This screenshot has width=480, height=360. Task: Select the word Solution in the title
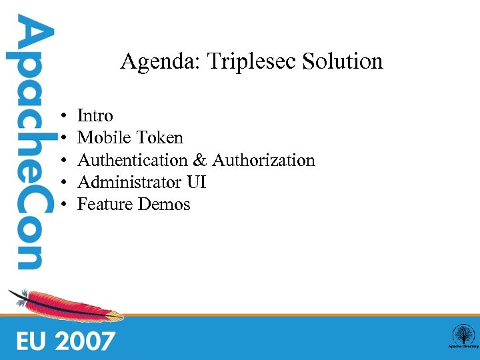pos(343,62)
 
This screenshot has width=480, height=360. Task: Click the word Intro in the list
pos(95,116)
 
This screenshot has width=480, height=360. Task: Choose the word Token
pos(159,138)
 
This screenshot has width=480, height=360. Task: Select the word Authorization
pos(263,160)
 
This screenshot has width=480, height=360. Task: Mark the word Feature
pos(105,204)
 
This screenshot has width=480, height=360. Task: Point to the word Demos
pos(164,204)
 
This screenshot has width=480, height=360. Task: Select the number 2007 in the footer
pos(85,341)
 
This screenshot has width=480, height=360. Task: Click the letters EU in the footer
pos(32,341)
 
